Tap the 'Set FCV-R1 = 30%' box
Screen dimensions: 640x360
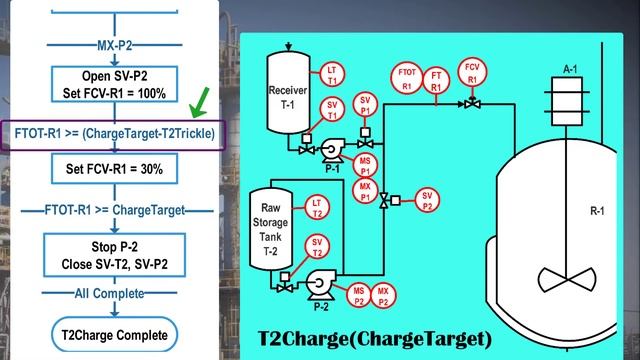coord(113,170)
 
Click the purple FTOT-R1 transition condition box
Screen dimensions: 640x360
coord(114,132)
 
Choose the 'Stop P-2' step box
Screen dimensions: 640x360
coord(113,254)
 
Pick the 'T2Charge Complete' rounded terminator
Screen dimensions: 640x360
coord(113,334)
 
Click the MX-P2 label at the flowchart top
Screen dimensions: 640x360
coord(113,47)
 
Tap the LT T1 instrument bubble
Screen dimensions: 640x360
coord(333,75)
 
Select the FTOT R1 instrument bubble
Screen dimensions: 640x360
coord(407,79)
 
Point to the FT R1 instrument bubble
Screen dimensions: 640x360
coord(436,79)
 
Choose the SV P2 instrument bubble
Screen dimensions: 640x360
coord(428,199)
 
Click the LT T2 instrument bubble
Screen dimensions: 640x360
coord(316,205)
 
